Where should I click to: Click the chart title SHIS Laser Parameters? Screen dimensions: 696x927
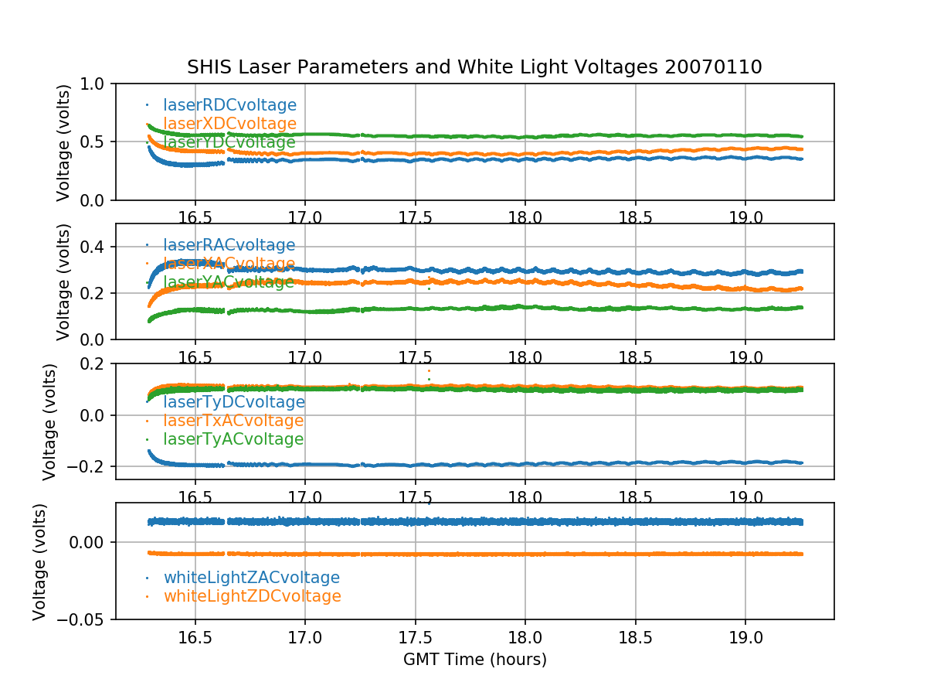click(474, 67)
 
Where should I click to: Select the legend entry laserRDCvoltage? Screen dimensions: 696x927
click(229, 105)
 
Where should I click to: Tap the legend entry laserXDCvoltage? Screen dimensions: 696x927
click(229, 124)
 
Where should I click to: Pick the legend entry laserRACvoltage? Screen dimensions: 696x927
click(229, 245)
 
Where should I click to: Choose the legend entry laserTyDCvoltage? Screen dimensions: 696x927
click(233, 402)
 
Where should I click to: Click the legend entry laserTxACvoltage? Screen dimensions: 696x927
click(233, 421)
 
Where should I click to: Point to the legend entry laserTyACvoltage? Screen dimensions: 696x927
click(233, 439)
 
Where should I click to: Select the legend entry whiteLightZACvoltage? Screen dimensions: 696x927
click(251, 578)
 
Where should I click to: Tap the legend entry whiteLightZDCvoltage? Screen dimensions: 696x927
click(252, 596)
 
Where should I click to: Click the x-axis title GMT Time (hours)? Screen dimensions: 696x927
click(474, 660)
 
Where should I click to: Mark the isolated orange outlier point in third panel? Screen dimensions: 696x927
click(429, 371)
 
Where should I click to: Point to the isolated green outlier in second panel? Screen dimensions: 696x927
click(429, 288)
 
